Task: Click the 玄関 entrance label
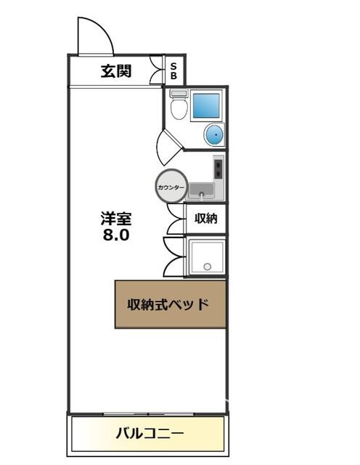coord(116,71)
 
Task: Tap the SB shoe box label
coord(173,71)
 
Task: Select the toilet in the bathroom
coord(179,105)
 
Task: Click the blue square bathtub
coord(206,105)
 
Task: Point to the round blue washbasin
coord(214,134)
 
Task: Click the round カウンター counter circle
coord(171,186)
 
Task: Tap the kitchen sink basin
coord(202,190)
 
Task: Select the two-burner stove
coord(218,169)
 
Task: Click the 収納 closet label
coord(206,219)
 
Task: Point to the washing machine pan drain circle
coord(208,267)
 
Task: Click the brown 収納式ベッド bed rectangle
coord(171,304)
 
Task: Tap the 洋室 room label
coord(116,219)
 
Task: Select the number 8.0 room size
coord(116,235)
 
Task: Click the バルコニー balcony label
coord(150,434)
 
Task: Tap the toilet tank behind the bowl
coord(179,94)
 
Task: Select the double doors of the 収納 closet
coord(176,219)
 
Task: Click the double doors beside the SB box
coord(157,70)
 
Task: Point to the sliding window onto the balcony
coord(149,413)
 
